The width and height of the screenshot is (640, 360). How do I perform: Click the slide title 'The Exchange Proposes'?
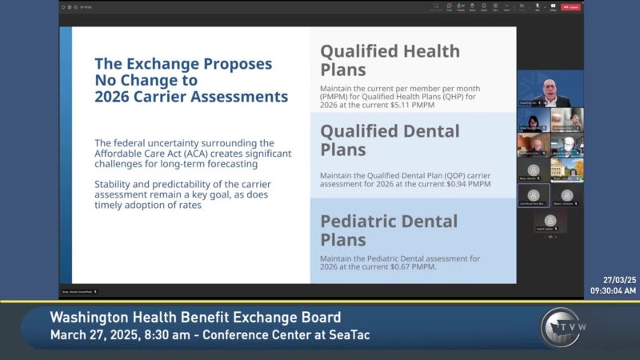point(183,63)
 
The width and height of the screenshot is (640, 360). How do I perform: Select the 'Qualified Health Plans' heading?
point(390,60)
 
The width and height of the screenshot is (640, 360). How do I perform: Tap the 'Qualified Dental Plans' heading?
point(390,140)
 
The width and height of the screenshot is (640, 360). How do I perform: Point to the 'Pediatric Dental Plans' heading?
point(389,230)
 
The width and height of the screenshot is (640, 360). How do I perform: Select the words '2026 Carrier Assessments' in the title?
point(191,98)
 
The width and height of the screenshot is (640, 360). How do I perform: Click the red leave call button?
point(570,7)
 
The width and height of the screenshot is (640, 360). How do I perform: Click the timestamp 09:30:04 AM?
point(613,291)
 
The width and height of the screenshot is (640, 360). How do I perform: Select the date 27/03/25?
point(619,281)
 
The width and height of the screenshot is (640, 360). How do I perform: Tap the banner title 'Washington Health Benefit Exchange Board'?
point(195,318)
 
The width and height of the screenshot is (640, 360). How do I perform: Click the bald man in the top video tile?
point(550,90)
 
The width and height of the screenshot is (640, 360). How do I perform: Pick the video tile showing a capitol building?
point(567,170)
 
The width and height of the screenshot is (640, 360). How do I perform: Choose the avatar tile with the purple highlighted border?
point(534,195)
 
